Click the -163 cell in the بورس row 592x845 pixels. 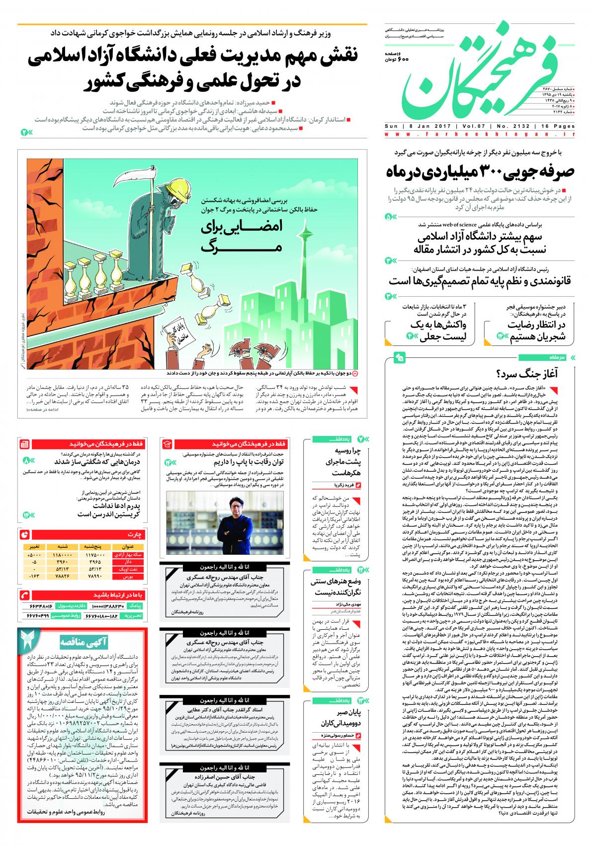pyautogui.click(x=34, y=577)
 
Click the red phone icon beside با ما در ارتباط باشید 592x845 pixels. pyautogui.click(x=24, y=594)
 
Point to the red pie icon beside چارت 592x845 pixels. pyautogui.click(x=24, y=534)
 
